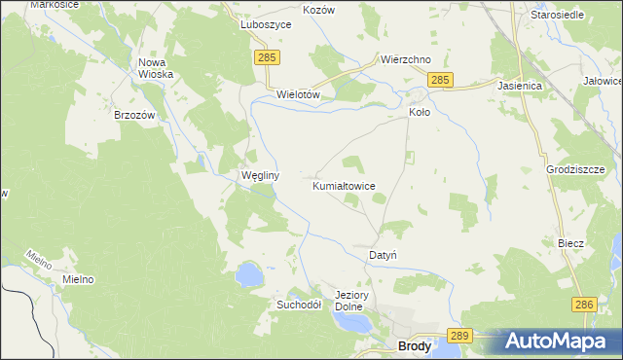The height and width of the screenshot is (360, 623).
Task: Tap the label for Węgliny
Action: (x=260, y=176)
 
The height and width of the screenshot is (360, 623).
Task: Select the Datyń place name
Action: (x=383, y=255)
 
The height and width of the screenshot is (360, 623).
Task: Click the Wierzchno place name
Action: (x=406, y=59)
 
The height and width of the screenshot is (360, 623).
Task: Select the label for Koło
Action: (x=419, y=112)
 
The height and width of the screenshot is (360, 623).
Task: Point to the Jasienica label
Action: (x=519, y=86)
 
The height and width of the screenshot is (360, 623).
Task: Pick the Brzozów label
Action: (x=135, y=114)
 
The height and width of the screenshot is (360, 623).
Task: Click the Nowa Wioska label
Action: (x=156, y=68)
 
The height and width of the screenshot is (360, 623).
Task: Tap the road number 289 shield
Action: (x=461, y=336)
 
